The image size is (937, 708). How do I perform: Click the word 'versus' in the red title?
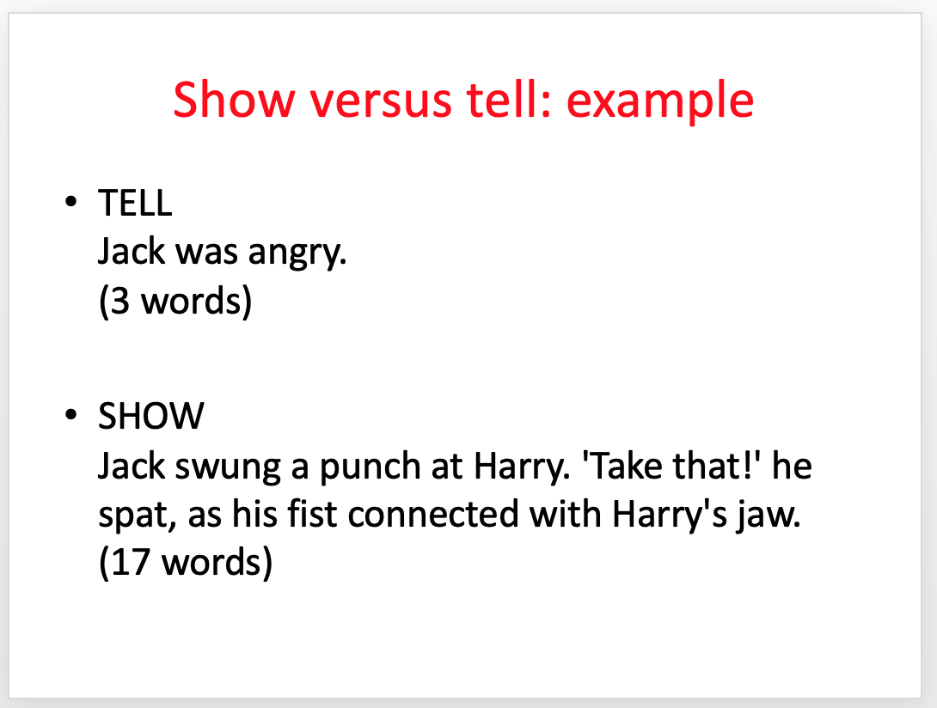(380, 101)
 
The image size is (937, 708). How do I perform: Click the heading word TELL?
(135, 203)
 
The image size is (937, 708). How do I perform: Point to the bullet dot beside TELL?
(71, 201)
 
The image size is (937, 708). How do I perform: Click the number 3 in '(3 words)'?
(120, 301)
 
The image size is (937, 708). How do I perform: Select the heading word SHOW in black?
(151, 416)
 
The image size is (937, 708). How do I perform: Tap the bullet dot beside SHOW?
(71, 414)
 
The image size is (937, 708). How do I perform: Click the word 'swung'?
(228, 467)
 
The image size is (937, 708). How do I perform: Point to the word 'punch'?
(370, 467)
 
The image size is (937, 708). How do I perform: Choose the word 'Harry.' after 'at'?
(522, 467)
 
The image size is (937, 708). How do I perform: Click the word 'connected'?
(433, 514)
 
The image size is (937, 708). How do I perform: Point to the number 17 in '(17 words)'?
(130, 562)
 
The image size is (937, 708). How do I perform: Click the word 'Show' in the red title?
(234, 99)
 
